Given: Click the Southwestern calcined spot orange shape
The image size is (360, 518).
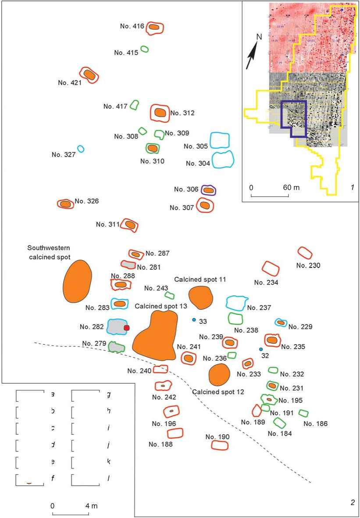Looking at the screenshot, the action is tap(78, 281).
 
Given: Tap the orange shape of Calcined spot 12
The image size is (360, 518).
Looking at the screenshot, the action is tap(219, 375).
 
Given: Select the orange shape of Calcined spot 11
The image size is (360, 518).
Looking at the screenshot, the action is tap(200, 297).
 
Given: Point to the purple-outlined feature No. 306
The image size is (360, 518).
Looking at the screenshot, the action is tap(208, 190).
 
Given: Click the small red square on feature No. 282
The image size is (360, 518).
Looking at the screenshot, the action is tap(127, 328).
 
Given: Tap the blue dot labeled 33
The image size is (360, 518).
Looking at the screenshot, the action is tap(194, 320).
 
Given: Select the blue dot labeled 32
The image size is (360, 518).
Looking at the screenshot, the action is tap(261, 349).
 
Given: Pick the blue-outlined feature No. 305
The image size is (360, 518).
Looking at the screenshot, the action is tap(220, 140).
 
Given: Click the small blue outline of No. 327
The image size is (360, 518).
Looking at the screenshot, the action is tap(81, 149).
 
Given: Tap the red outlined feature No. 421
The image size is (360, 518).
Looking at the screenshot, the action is tap(89, 75).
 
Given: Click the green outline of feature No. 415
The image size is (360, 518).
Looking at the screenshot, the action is tap(144, 50).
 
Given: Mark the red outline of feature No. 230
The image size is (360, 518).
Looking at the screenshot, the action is tap(305, 253).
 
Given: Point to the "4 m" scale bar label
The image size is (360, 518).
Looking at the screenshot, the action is tap(92, 506).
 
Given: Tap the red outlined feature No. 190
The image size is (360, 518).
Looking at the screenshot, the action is tap(219, 445).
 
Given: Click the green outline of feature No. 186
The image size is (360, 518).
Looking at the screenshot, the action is tap(303, 413).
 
